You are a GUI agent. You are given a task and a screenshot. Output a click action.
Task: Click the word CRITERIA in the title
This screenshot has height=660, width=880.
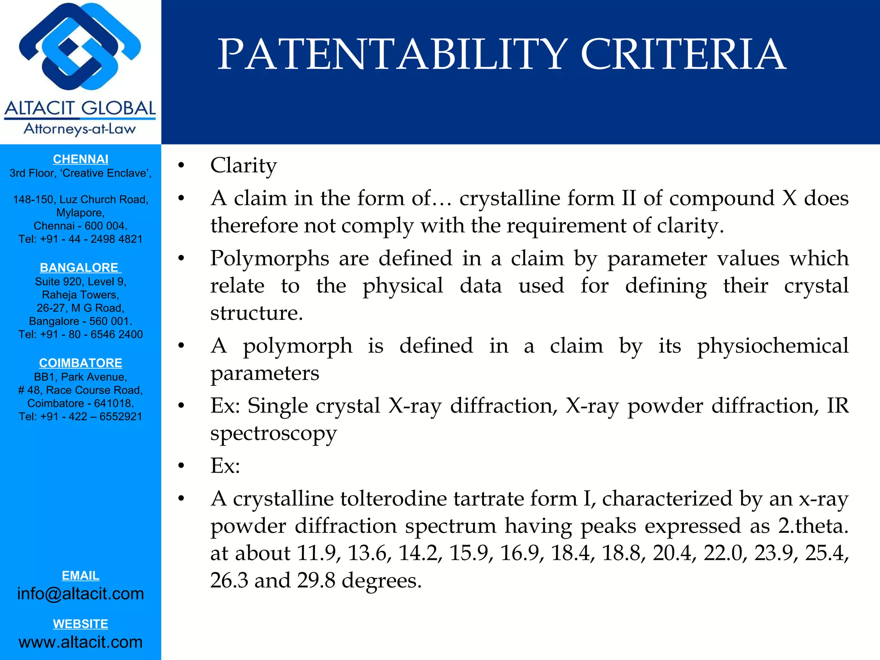(683, 55)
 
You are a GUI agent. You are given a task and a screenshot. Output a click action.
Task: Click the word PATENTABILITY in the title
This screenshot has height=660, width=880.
(393, 55)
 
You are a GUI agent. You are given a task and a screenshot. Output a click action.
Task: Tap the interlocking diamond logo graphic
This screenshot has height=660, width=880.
(80, 47)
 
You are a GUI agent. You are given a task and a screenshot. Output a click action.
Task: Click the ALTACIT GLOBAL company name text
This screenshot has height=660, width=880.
(80, 108)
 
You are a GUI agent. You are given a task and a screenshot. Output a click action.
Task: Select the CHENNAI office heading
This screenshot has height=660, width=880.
(80, 159)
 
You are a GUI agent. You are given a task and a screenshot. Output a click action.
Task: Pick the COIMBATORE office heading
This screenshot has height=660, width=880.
(80, 363)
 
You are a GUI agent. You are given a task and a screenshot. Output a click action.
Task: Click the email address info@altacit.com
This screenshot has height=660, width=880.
(80, 593)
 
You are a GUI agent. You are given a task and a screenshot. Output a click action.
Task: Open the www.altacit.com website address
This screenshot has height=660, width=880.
(80, 642)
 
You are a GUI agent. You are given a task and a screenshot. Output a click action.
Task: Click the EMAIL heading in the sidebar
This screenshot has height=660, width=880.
(80, 575)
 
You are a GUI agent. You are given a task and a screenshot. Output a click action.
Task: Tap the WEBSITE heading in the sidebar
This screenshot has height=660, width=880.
(80, 623)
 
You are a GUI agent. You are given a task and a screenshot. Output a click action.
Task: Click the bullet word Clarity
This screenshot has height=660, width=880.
(243, 165)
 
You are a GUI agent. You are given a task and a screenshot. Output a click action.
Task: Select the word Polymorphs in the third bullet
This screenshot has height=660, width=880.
(269, 259)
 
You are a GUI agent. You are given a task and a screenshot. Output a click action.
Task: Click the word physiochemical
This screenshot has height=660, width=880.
(773, 346)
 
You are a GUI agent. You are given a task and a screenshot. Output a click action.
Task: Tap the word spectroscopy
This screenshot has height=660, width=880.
(273, 434)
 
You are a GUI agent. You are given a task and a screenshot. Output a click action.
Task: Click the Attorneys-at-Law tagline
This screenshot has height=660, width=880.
(80, 129)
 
